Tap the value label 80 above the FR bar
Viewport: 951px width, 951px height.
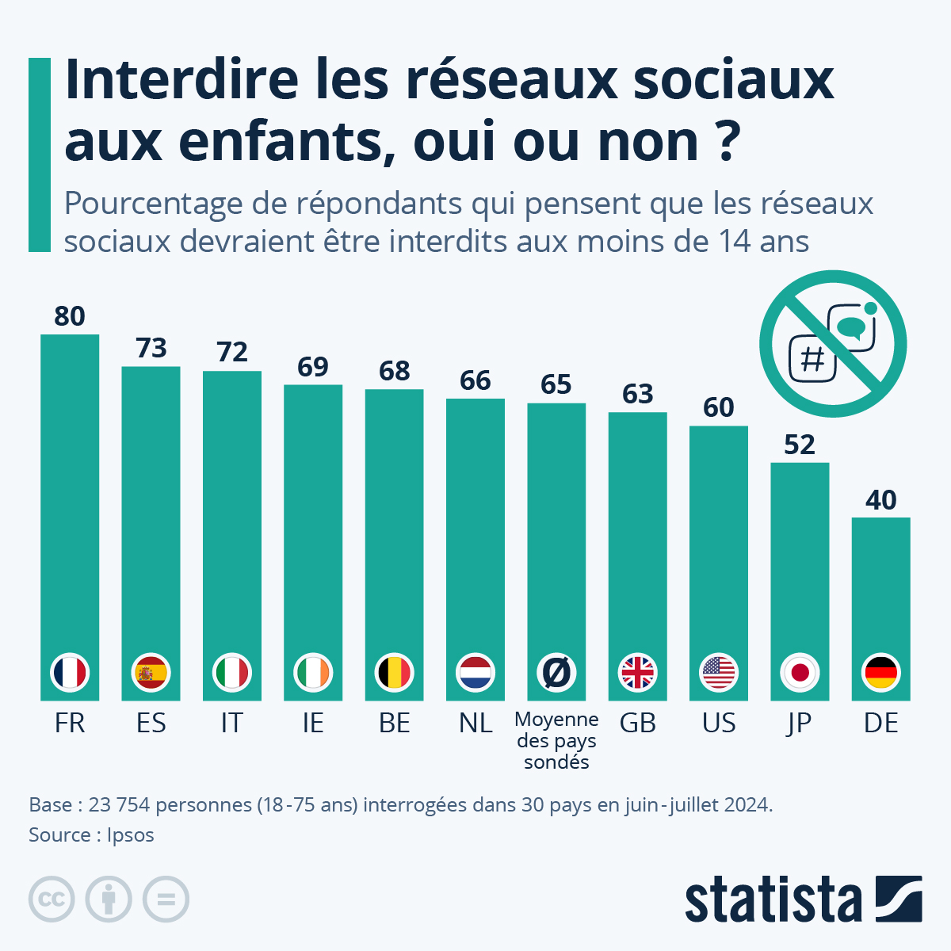click(x=70, y=316)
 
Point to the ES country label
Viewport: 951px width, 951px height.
click(x=151, y=723)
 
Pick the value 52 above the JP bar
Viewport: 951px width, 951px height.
click(x=800, y=445)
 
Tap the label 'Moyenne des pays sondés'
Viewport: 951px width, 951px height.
click(x=556, y=741)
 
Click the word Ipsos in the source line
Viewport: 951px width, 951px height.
click(x=131, y=835)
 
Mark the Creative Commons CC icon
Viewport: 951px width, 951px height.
click(x=52, y=899)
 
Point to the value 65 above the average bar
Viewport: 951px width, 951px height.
click(x=556, y=384)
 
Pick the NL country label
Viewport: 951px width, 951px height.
click(x=475, y=723)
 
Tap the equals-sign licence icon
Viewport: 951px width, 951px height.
click(x=166, y=899)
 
